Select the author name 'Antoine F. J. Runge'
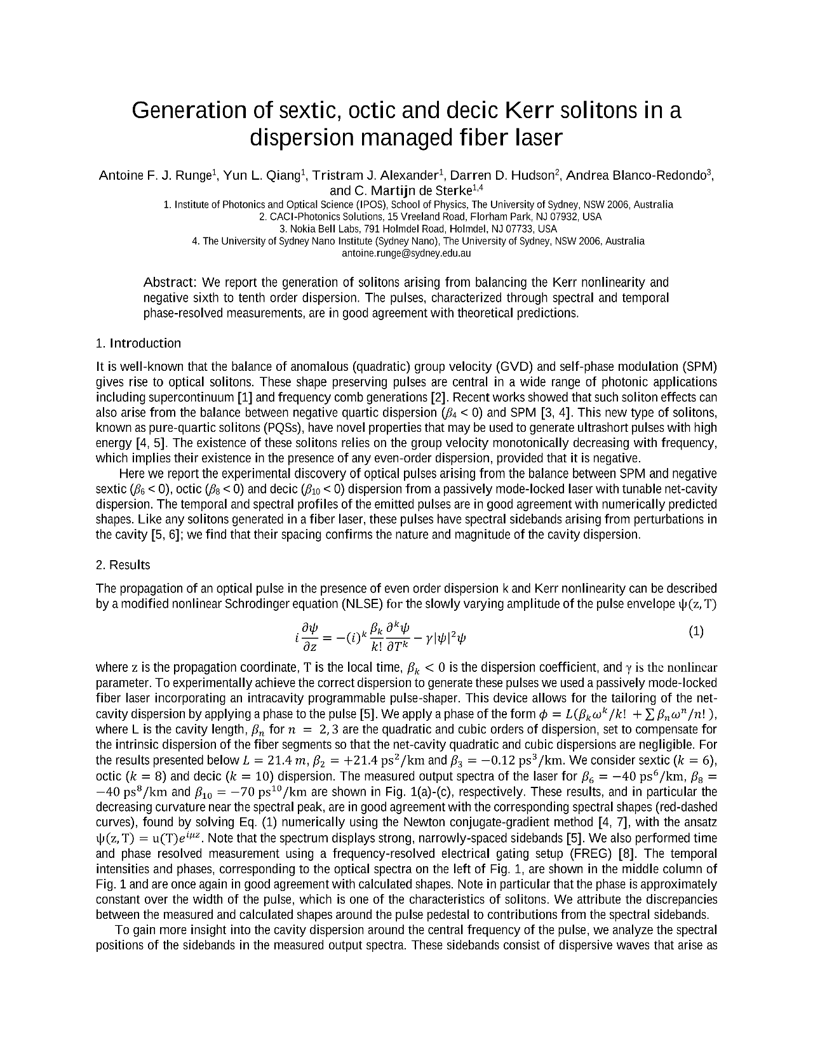156,176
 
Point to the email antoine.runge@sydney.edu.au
406,253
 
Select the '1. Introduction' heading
138,344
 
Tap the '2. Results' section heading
123,565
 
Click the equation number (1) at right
696,632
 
